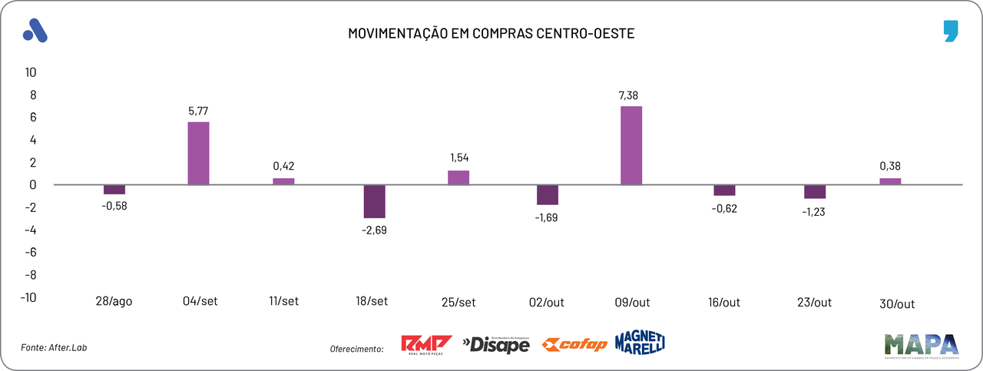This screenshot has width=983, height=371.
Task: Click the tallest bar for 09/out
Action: click(x=631, y=145)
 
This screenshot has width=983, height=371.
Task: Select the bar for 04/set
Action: click(x=199, y=153)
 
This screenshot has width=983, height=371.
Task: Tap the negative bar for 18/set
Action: click(x=375, y=201)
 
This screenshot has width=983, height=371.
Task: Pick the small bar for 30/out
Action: click(x=890, y=181)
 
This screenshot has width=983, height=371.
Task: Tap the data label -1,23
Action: click(x=815, y=212)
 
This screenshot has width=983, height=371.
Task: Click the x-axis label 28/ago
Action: click(x=114, y=302)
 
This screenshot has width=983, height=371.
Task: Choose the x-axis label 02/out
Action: click(x=547, y=302)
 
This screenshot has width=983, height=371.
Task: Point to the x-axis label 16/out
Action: click(x=723, y=302)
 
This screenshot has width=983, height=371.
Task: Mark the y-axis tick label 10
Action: click(x=31, y=72)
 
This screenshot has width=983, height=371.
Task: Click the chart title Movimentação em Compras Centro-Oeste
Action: click(x=491, y=34)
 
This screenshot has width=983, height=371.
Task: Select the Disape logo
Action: click(x=496, y=345)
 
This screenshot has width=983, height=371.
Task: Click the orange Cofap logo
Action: click(x=574, y=344)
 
